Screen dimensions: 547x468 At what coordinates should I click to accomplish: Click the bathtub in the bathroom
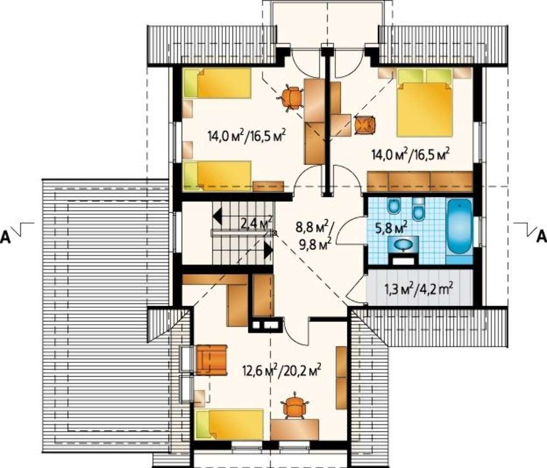[x=460, y=226]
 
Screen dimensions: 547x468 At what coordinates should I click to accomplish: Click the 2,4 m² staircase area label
[x=257, y=222]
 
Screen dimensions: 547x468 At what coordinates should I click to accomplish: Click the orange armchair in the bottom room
[x=212, y=360]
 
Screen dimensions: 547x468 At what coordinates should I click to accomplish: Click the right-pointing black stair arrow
[x=268, y=250]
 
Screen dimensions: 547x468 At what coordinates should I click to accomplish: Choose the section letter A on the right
[x=541, y=236]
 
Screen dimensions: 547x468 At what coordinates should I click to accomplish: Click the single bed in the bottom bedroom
[x=230, y=424]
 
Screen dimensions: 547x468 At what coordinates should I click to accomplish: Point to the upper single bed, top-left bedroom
[x=217, y=83]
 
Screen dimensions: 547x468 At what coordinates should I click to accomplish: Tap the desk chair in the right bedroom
[x=365, y=125]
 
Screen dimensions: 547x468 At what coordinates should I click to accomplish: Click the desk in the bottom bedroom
[x=295, y=430]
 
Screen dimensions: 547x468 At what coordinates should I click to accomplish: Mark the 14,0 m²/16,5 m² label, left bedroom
[x=247, y=135]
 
